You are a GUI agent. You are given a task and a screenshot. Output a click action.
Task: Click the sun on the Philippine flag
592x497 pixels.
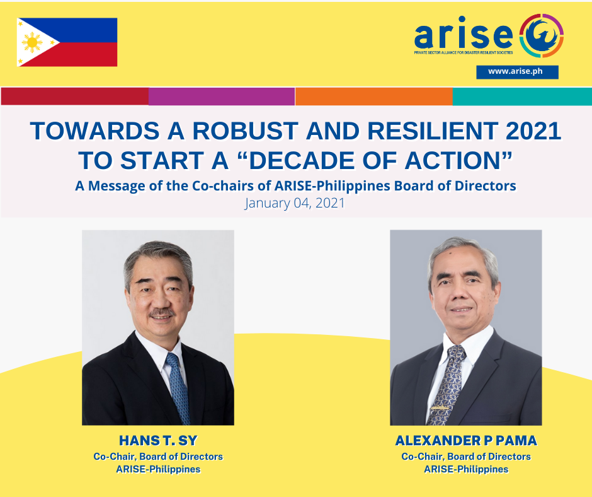(32, 42)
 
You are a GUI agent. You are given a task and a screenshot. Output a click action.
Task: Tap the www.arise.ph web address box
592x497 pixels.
(517, 72)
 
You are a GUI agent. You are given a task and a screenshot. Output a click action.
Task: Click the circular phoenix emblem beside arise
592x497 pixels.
(542, 35)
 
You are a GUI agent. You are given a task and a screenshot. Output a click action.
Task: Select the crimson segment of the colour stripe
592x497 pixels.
(75, 96)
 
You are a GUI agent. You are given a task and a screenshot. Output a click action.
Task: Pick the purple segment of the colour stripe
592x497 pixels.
(222, 96)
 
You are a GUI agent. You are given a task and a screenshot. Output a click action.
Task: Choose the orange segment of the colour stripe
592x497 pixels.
(373, 96)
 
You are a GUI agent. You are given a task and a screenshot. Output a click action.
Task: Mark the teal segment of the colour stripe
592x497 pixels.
(522, 96)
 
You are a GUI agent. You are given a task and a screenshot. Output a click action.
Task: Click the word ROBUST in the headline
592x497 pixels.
(246, 131)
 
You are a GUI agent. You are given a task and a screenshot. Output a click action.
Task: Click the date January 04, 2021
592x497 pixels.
(295, 203)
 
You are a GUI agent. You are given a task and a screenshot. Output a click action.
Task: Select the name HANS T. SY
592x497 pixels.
(158, 441)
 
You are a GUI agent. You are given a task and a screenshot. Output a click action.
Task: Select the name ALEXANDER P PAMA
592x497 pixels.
(466, 441)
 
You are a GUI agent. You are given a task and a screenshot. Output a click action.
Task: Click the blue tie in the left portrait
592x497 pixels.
(178, 388)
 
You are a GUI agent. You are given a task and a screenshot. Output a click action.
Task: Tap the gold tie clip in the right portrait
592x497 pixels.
(440, 407)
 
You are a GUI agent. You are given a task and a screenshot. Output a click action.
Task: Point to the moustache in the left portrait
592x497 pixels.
(162, 313)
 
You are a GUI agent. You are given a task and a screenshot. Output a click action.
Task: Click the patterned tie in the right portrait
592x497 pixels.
(447, 384)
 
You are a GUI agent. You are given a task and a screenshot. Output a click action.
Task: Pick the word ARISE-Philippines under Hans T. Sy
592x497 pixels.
(158, 469)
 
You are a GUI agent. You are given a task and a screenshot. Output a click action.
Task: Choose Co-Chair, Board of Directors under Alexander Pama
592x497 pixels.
(466, 457)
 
